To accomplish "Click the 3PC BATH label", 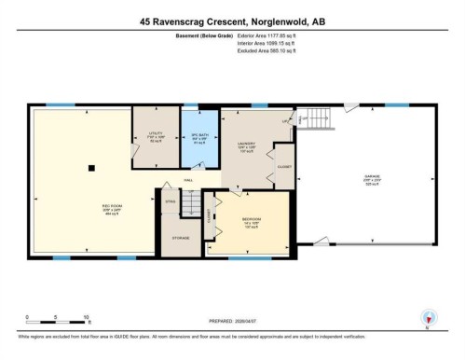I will pos(198,137).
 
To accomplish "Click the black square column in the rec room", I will pos(91,168).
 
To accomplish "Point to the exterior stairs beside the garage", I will pos(317,118).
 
